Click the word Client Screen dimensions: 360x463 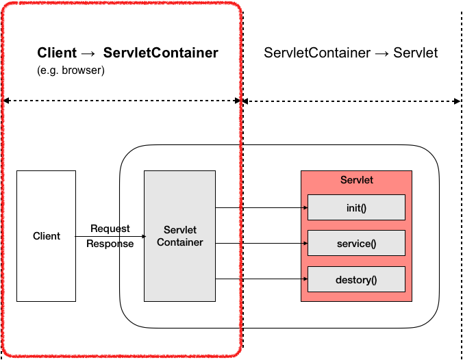(47, 236)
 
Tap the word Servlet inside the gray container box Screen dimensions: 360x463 (179, 230)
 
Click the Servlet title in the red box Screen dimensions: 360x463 (356, 180)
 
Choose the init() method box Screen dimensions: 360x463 (356, 207)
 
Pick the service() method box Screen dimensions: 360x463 (356, 243)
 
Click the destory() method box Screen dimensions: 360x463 (356, 279)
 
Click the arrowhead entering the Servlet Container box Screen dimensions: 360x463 (141, 236)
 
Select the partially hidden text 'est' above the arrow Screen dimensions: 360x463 (124, 229)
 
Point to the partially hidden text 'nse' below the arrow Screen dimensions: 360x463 (125, 244)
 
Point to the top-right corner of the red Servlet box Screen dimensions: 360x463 (412, 171)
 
